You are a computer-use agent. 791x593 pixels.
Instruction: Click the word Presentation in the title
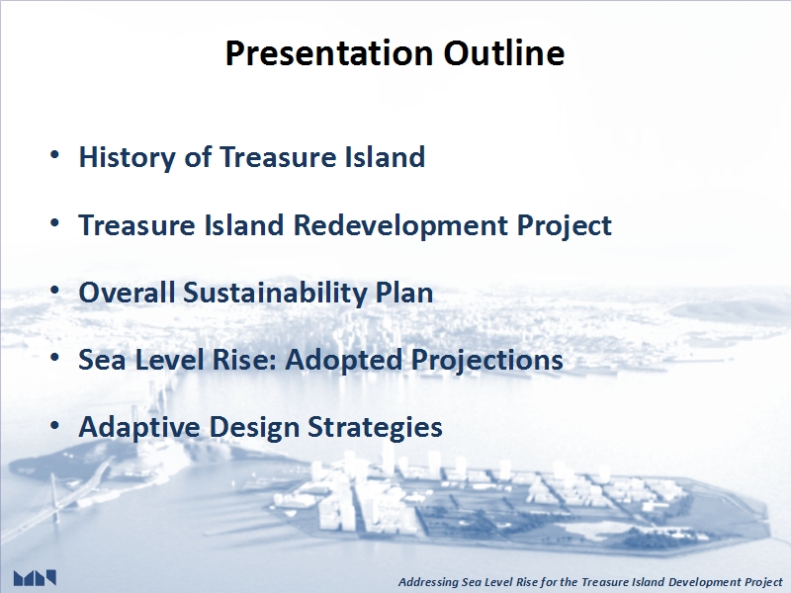pyautogui.click(x=329, y=53)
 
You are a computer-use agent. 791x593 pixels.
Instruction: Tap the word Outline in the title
pyautogui.click(x=504, y=53)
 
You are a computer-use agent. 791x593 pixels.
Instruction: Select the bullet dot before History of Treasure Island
pyautogui.click(x=55, y=155)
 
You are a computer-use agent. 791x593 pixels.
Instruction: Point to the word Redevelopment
pyautogui.click(x=401, y=225)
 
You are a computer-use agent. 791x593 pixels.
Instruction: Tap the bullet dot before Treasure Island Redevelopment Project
pyautogui.click(x=55, y=223)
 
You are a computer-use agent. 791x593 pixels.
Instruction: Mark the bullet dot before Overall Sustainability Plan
pyautogui.click(x=55, y=291)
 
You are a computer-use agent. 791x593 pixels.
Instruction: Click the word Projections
pyautogui.click(x=487, y=361)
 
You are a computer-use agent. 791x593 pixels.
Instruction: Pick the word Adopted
pyautogui.click(x=344, y=361)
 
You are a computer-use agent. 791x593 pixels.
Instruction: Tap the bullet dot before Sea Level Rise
pyautogui.click(x=55, y=358)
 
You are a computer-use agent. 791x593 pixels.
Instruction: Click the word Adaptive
pyautogui.click(x=139, y=428)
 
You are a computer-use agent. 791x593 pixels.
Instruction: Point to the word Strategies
pyautogui.click(x=376, y=428)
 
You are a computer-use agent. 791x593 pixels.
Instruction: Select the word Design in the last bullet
pyautogui.click(x=254, y=428)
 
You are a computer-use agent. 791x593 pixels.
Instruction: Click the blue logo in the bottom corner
pyautogui.click(x=35, y=578)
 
